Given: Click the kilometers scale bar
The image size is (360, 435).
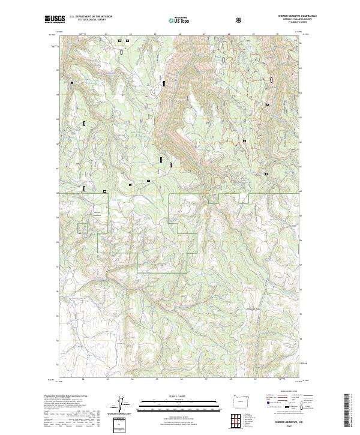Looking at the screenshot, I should [x=170, y=404].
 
